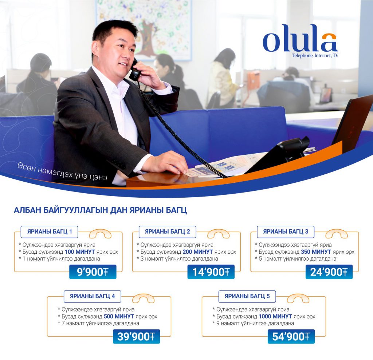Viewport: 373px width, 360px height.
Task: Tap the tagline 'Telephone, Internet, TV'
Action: coord(315,55)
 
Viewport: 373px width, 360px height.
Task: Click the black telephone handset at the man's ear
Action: coord(135,71)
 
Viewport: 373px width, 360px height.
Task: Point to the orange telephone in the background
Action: coord(253,81)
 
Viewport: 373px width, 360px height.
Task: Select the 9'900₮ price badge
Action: coord(93,272)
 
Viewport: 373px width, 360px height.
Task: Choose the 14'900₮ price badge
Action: coord(211,272)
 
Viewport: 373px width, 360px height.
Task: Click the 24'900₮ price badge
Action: coord(329,272)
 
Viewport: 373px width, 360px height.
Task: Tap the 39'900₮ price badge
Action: coord(136,336)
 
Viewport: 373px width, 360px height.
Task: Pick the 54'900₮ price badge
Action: coord(291,336)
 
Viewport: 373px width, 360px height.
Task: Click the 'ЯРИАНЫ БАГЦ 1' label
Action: coord(50,232)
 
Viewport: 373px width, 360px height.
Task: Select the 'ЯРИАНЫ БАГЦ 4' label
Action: coord(92,296)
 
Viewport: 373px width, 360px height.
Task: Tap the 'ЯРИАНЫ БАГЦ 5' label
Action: coord(247,296)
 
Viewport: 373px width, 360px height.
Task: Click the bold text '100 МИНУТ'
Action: coord(80,252)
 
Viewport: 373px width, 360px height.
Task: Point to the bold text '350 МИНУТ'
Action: coord(316,252)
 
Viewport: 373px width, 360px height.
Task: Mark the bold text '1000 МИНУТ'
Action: coord(275,316)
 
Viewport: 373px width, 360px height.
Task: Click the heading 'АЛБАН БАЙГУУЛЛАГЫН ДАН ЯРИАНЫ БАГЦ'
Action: coord(101,210)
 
